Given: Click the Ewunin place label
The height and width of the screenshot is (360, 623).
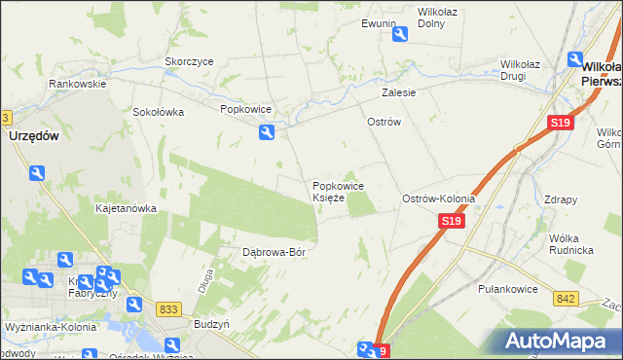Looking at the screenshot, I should (379, 22).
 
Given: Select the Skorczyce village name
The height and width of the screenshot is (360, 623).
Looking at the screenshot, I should (189, 61).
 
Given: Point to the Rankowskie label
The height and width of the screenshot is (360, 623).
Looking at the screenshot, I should (78, 84).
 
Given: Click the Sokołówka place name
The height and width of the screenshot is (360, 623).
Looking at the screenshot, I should (159, 112).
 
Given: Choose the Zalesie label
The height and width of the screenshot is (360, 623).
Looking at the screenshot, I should (399, 93).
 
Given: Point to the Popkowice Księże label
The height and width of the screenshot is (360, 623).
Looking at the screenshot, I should (338, 192).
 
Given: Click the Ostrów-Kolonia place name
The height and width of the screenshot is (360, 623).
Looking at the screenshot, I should (439, 198).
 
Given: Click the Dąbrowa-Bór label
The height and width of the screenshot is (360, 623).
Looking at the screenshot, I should (275, 252).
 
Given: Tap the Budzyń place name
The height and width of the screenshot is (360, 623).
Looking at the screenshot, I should (211, 323).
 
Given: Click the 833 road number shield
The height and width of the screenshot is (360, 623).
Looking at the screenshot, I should (168, 308).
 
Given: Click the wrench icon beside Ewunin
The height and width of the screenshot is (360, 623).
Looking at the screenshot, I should (400, 35).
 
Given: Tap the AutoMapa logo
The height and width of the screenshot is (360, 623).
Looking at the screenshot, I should (561, 341).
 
